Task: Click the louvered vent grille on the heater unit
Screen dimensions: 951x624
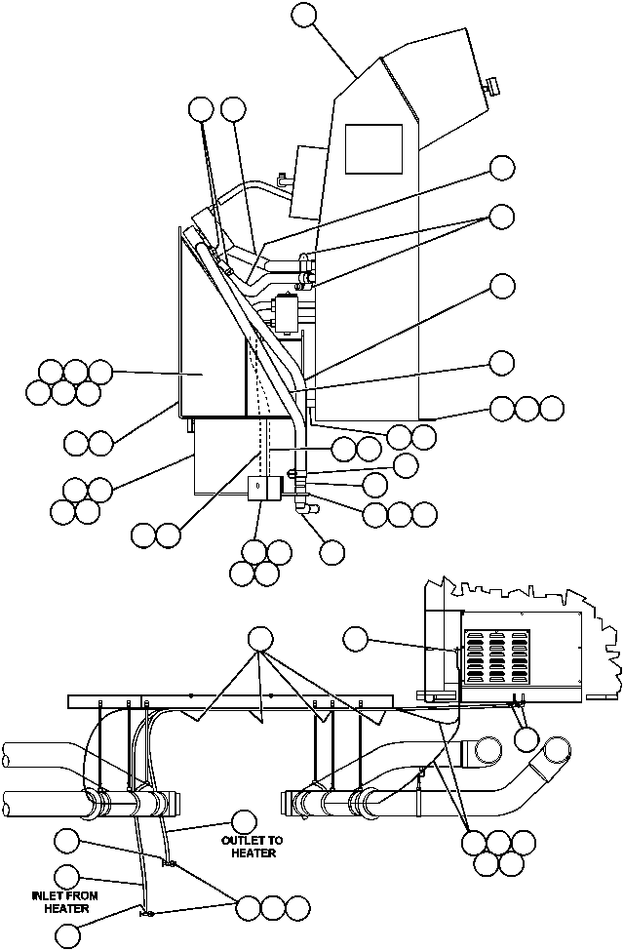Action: [496, 655]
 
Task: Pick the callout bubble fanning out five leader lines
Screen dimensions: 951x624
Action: [259, 640]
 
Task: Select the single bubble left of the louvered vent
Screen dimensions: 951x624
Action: [357, 640]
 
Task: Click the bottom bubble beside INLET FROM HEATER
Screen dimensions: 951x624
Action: [67, 935]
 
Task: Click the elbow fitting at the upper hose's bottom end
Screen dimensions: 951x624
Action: [303, 508]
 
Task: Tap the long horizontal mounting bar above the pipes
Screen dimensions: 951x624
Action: [229, 701]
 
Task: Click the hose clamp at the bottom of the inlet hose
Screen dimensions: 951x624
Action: [146, 913]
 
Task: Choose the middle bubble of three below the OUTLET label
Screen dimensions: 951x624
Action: [274, 907]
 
